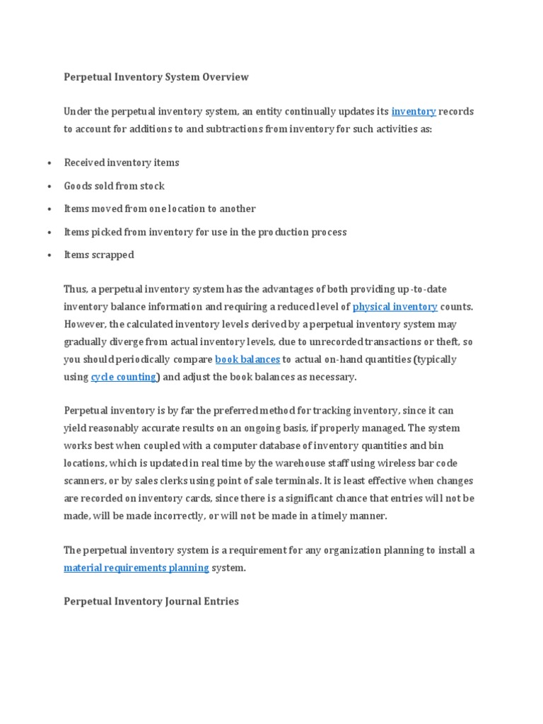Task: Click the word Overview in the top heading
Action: tap(225, 76)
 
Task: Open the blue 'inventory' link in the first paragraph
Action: tap(414, 112)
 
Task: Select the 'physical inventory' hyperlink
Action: tap(395, 307)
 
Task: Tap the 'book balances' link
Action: tap(247, 359)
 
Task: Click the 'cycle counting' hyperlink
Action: tap(124, 377)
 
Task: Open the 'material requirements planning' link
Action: tap(136, 568)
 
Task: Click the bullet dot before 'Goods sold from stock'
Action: tap(49, 187)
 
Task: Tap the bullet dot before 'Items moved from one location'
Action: tap(49, 210)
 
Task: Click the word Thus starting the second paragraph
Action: tap(75, 290)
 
